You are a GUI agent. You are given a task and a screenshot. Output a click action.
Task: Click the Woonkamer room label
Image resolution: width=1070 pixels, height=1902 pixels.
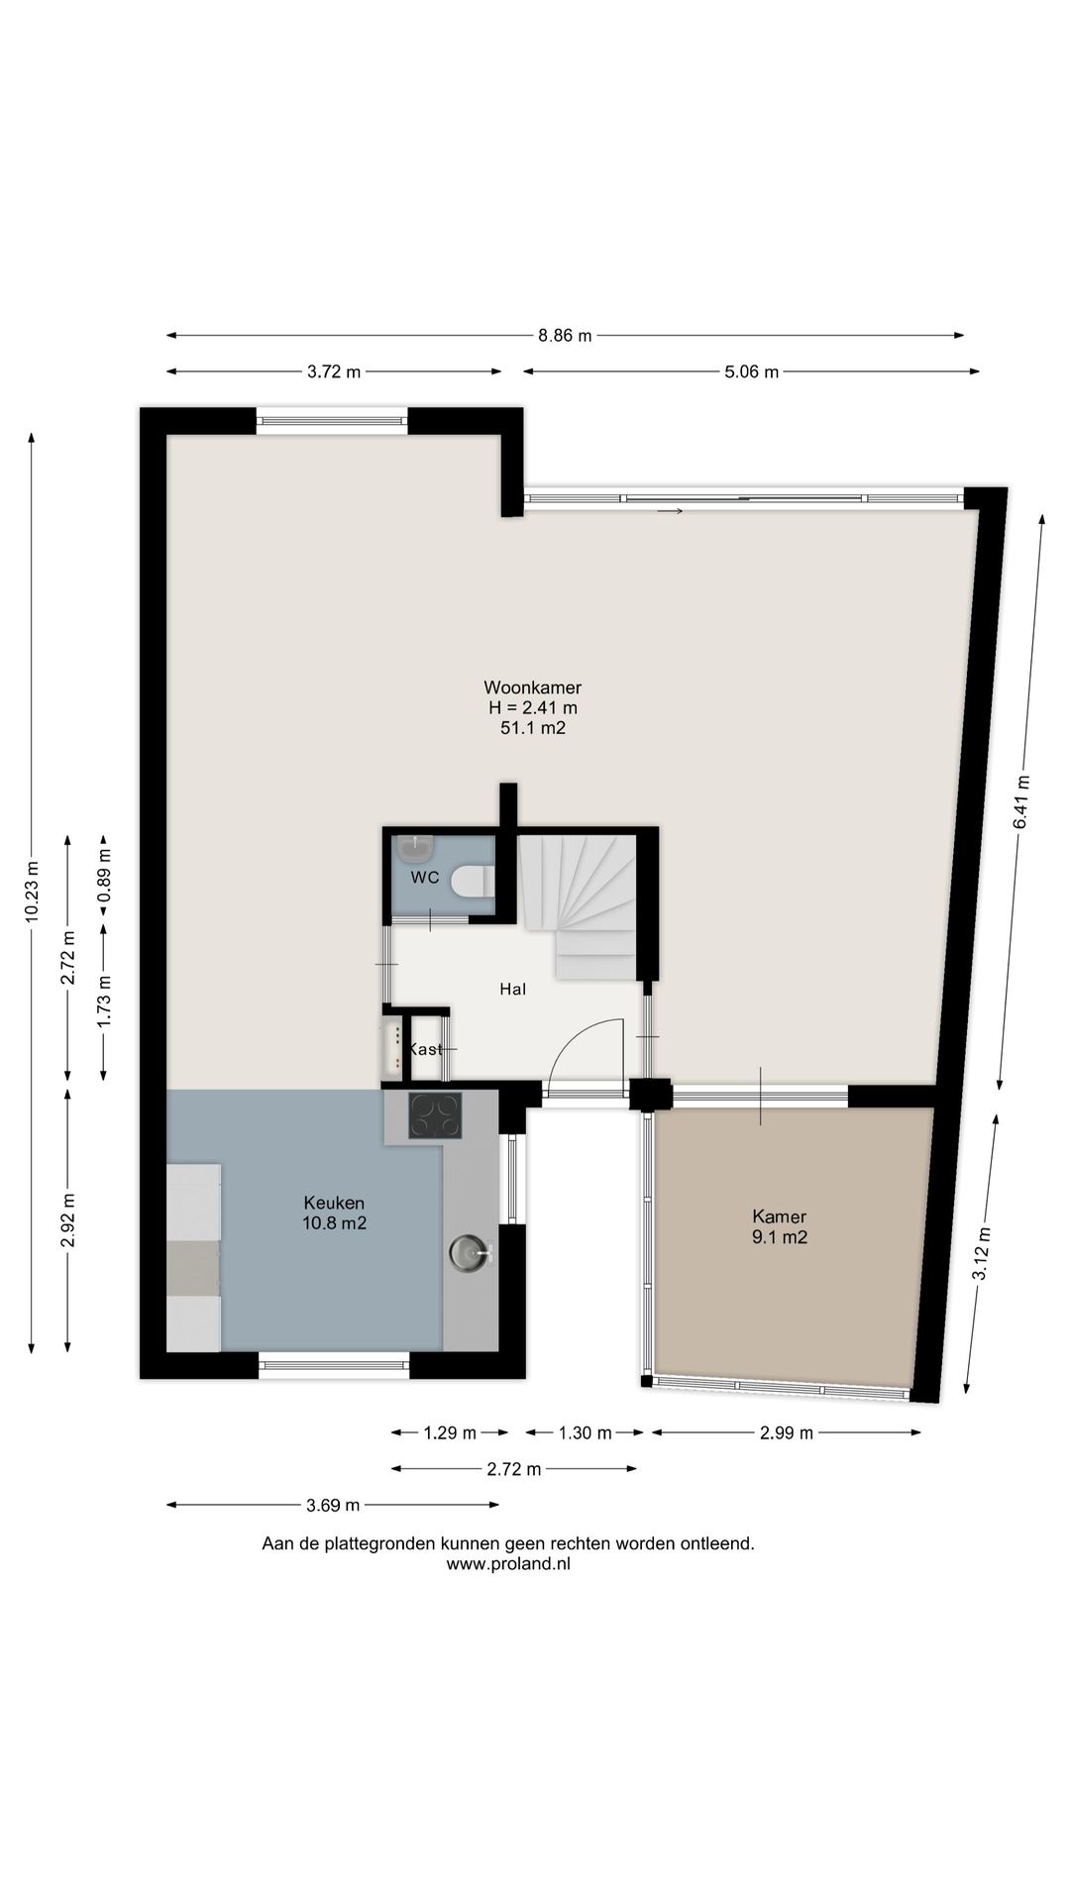[x=532, y=687]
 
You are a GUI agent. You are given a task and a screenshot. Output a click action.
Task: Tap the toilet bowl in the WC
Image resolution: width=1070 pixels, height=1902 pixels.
[x=472, y=880]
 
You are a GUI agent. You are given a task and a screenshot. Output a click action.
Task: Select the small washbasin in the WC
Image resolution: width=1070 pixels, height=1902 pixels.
[x=414, y=848]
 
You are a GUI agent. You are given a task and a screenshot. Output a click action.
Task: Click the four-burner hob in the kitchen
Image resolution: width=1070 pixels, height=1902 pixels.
[x=436, y=1115]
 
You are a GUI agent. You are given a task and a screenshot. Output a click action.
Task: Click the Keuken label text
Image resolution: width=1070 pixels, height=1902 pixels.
[x=334, y=1203]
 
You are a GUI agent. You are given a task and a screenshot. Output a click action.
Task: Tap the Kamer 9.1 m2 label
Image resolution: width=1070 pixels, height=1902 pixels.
[x=780, y=1226]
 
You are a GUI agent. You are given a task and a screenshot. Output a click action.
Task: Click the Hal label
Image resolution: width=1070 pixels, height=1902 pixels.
[x=512, y=989]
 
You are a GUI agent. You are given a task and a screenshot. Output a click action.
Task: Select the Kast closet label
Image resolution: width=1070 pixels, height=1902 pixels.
[x=425, y=1049]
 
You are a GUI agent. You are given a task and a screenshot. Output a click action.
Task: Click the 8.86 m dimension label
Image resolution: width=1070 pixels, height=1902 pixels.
[x=565, y=336]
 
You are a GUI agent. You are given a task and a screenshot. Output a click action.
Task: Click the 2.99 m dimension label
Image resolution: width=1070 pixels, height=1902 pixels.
[x=787, y=1432]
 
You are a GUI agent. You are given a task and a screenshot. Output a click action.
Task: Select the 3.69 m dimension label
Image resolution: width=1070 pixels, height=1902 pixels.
[x=333, y=1506]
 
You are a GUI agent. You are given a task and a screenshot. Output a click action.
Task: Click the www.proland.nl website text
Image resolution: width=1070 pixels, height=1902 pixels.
[x=508, y=1564]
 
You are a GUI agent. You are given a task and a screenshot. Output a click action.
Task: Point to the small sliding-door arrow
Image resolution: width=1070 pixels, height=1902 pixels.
[x=670, y=511]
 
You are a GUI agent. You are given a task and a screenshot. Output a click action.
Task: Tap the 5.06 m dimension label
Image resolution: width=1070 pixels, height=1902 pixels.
[x=751, y=372]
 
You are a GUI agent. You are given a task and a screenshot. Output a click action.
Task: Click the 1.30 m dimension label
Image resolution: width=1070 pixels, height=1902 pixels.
[x=585, y=1432]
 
